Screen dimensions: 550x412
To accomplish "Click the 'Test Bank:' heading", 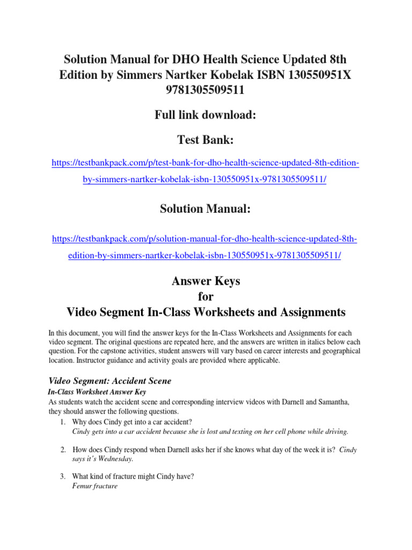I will click(x=205, y=140).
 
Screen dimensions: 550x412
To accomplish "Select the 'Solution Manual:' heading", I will click(x=205, y=209).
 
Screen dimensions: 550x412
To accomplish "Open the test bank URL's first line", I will click(x=205, y=162).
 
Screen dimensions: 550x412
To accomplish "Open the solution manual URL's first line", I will click(x=205, y=238).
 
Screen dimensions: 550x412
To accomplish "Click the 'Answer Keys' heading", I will click(x=205, y=281).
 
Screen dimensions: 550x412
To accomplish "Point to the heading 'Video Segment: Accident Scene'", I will click(x=110, y=381).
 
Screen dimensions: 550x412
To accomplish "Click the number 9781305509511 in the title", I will click(x=205, y=90).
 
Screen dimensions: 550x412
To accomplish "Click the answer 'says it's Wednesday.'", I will click(x=102, y=459).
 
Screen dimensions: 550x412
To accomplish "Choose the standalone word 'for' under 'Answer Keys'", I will click(x=205, y=296).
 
